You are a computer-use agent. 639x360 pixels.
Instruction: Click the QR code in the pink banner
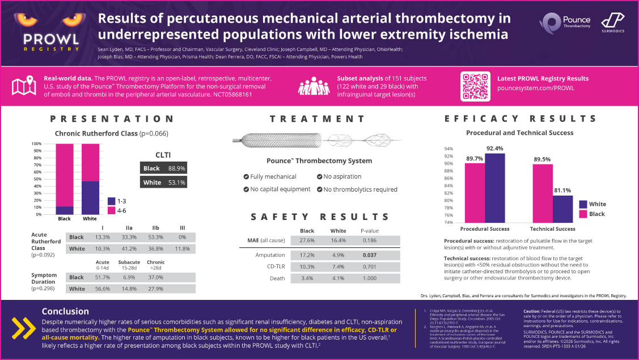475,86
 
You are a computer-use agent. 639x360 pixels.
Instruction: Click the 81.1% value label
562,190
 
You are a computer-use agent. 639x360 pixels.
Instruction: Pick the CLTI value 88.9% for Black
177,168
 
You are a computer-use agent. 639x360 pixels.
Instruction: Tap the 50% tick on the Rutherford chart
38,179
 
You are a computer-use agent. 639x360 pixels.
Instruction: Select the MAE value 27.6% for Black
307,241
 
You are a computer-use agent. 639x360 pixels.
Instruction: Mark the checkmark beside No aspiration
320,177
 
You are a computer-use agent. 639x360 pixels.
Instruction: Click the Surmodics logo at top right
612,22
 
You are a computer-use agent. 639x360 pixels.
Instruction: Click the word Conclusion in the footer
65,311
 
